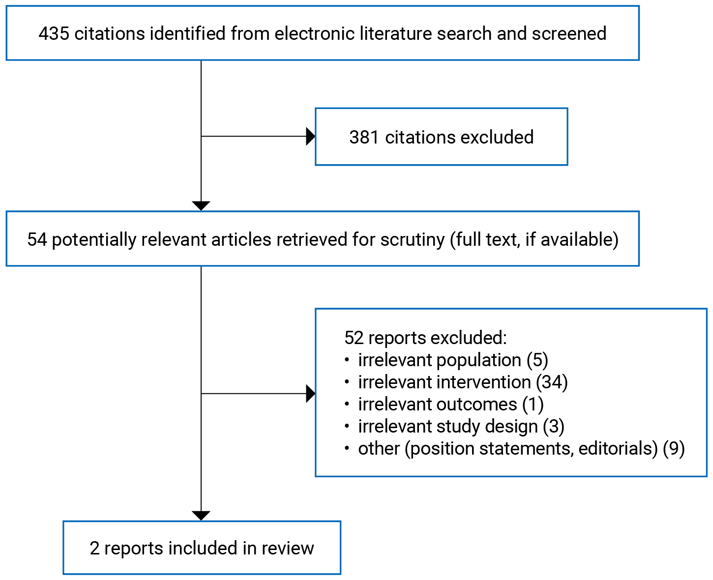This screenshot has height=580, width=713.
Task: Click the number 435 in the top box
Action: pos(54,33)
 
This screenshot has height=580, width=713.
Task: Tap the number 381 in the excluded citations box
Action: pos(364,137)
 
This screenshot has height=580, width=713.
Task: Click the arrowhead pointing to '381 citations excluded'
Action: pos(310,136)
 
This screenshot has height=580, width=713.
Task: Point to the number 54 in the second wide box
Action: pos(37,239)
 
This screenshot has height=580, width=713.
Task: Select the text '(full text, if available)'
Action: pos(534,239)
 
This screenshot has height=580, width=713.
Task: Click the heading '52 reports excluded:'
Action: pos(425,338)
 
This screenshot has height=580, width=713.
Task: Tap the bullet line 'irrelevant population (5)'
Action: pos(452,360)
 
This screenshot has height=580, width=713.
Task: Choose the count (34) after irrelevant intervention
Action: pos(552,382)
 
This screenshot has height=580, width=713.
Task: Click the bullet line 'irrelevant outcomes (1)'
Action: pos(450,404)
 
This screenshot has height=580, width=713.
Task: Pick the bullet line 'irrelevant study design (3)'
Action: pos(461,426)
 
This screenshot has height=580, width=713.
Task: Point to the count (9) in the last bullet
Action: pos(674,448)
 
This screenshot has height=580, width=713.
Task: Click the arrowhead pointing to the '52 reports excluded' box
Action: pos(310,393)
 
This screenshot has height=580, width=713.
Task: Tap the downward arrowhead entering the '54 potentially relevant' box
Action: pos(201,206)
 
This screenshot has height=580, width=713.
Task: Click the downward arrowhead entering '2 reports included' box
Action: pos(201,516)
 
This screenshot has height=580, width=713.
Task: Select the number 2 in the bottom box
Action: pos(94,548)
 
